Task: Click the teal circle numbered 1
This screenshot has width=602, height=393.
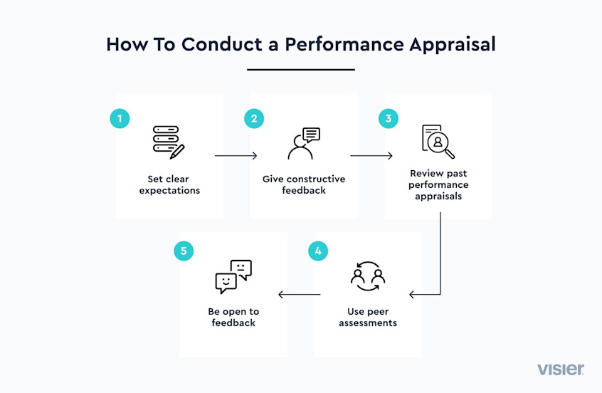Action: coord(120,118)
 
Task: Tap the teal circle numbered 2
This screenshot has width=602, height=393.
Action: coord(254,118)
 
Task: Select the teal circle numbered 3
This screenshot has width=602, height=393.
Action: coord(389,118)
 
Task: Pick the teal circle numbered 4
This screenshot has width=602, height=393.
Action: coord(318,251)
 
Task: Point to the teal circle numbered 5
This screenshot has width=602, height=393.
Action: coord(184,251)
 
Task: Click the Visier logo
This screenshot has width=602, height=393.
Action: coord(561,370)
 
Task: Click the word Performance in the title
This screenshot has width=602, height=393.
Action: coord(344,44)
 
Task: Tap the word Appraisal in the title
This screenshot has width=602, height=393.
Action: coord(453,45)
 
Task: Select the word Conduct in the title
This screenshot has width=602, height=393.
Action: coord(222,44)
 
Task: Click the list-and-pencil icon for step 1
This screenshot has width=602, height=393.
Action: coord(169,142)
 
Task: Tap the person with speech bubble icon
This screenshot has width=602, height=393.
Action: coord(304,143)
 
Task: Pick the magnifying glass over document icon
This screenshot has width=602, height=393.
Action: coord(438,142)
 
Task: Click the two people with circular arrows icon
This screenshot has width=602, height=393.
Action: coord(368,276)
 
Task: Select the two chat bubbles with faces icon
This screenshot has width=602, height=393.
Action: coord(233,277)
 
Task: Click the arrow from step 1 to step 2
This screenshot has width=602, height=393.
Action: coord(236,156)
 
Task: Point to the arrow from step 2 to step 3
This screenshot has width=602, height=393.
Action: coord(371,156)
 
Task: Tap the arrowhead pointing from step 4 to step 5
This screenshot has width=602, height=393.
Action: coord(280,295)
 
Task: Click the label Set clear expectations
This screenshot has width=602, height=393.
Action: coord(169,185)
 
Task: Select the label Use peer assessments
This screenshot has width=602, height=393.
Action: coord(368,318)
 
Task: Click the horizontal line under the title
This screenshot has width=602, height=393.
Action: coord(301,70)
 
